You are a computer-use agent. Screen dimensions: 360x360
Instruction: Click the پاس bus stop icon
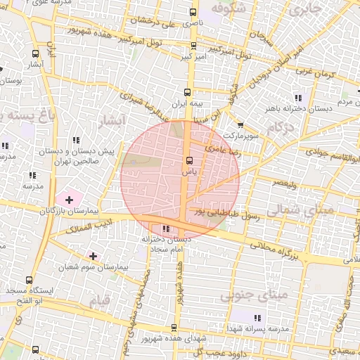[188, 160]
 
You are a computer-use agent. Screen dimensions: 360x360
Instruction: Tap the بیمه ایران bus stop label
[186, 103]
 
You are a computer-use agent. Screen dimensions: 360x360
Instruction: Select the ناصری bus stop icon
[194, 13]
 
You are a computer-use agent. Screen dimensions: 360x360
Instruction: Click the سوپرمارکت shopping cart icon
[241, 124]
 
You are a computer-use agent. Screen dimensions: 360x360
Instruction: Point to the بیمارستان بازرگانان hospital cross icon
[68, 200]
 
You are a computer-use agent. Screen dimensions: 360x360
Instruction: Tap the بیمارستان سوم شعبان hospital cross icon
[93, 256]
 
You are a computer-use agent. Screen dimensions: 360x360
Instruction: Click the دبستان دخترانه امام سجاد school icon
[166, 229]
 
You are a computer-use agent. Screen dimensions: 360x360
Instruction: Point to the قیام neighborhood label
[100, 301]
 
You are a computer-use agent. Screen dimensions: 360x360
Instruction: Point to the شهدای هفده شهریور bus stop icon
[174, 328]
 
